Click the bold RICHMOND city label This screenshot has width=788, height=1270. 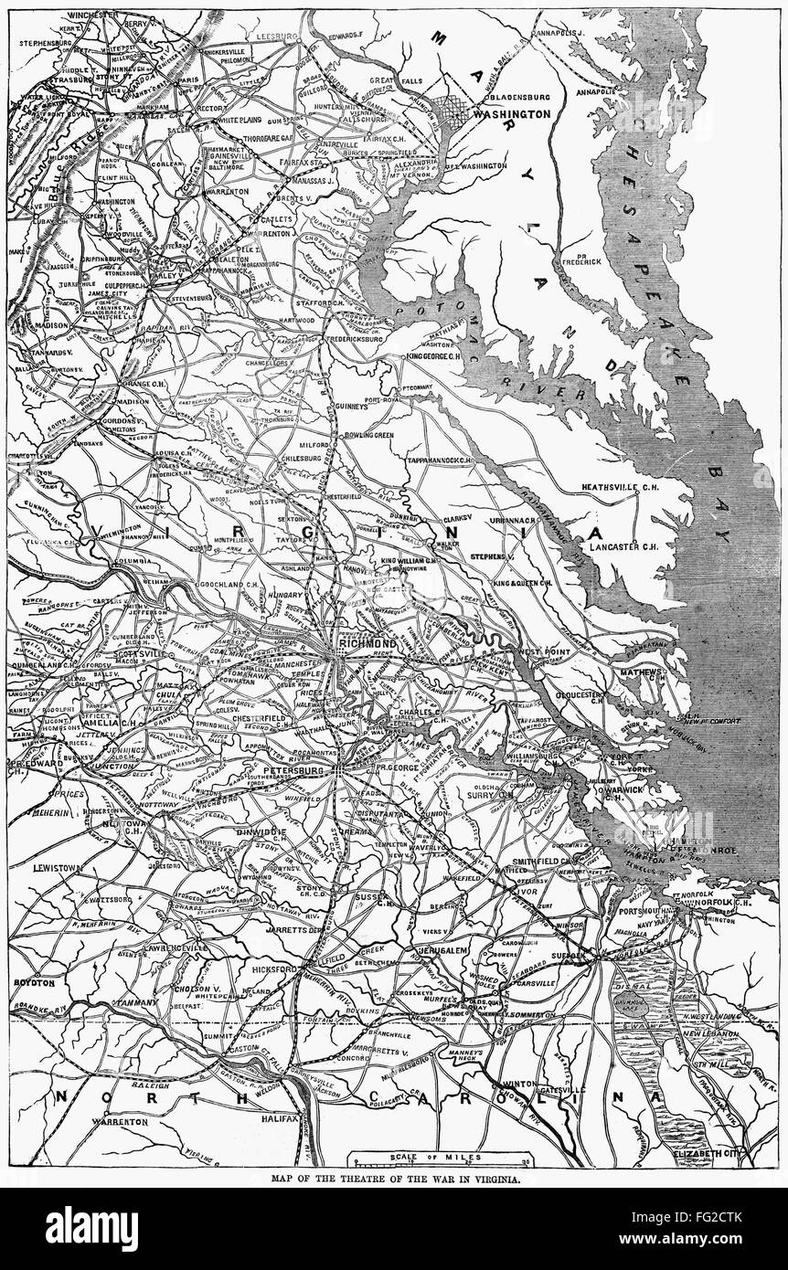click(x=366, y=643)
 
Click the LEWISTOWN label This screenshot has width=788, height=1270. click(x=61, y=863)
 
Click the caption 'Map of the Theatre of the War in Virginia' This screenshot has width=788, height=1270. click(x=394, y=1180)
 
